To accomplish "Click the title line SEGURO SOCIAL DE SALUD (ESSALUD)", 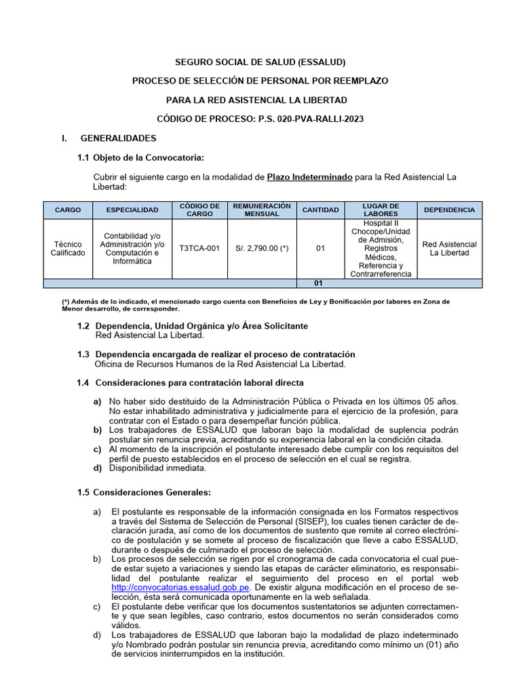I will point(260,62).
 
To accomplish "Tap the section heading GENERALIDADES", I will point(118,138).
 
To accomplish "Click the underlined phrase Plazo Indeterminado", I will point(309,177).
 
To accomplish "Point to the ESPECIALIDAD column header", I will point(132,210).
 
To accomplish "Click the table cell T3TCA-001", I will point(199,249).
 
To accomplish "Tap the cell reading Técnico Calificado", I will point(68,249).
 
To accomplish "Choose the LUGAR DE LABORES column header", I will point(381,210).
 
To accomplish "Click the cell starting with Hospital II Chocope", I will point(381,249).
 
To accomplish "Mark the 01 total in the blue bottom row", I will point(320,283).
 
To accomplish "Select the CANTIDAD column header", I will point(320,210).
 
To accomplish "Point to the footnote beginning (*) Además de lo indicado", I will point(260,304).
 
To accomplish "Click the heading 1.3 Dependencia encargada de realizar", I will point(216,354).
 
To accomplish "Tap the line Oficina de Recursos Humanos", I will point(220,364).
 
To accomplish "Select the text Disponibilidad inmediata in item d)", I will point(157,468).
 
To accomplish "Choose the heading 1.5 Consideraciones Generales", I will point(144,491).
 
